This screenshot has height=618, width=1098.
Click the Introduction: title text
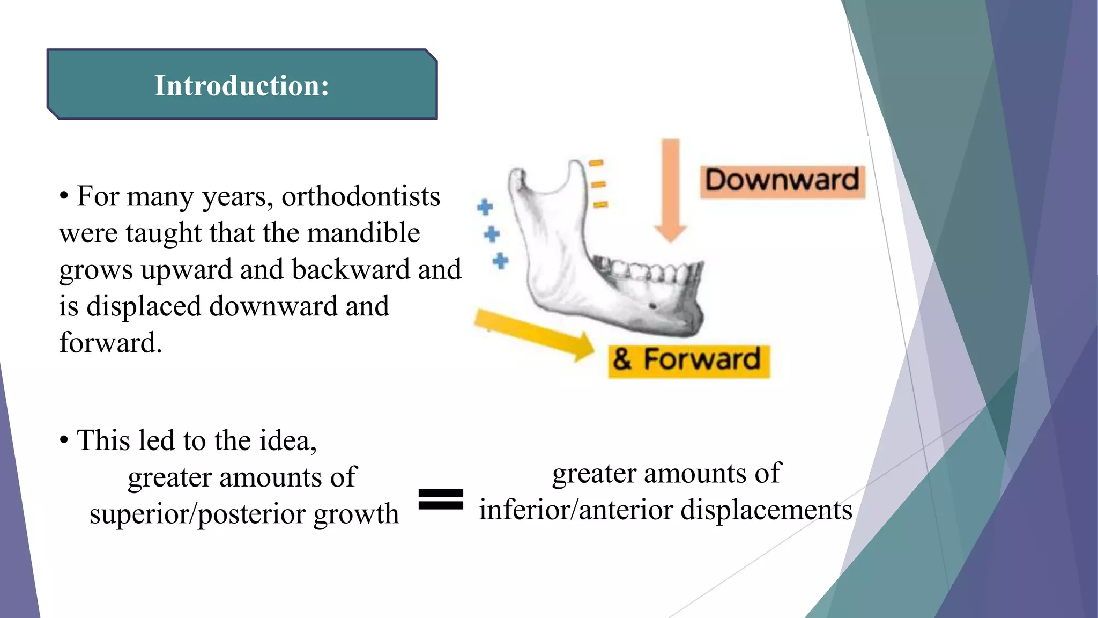[242, 86]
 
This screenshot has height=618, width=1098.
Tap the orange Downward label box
[782, 181]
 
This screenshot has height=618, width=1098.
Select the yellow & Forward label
[689, 361]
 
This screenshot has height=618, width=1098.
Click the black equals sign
[441, 499]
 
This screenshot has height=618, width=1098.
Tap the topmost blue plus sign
[485, 207]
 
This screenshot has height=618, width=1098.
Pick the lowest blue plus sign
[500, 261]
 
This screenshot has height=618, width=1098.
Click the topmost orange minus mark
[596, 163]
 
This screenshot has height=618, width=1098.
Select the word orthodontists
[361, 196]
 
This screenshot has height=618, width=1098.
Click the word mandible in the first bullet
[363, 233]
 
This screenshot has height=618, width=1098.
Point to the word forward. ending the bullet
[110, 343]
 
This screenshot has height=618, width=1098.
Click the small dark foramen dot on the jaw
[652, 306]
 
